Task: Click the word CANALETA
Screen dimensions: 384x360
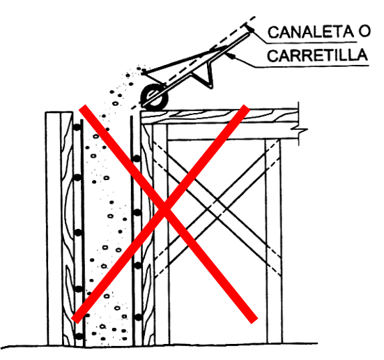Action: [311, 32]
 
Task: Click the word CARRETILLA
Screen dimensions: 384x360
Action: [317, 55]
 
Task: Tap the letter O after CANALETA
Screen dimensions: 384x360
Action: [364, 31]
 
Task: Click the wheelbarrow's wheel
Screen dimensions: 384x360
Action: [155, 96]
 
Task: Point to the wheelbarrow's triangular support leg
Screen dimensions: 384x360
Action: [208, 75]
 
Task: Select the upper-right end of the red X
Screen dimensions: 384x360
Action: [245, 107]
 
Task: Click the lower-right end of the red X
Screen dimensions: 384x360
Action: [254, 320]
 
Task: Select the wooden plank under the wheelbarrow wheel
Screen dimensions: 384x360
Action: [220, 116]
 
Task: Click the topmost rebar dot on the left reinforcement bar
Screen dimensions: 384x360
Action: [77, 127]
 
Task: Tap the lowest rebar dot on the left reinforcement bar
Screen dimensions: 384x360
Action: [79, 336]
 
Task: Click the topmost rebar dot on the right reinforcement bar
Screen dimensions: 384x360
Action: [137, 158]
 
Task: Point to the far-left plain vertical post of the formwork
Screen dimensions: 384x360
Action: [54, 229]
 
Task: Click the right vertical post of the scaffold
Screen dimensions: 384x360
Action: [273, 241]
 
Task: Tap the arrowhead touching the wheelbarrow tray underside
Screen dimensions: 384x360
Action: [229, 55]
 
